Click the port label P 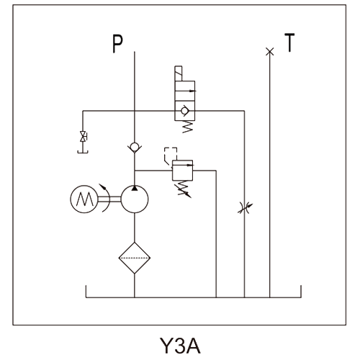tap(117, 44)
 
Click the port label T tap(289, 42)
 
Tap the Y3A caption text tap(180, 346)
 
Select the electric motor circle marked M tap(84, 199)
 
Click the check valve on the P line tap(135, 148)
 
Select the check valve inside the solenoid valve tap(185, 111)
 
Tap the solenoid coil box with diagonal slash tap(179, 73)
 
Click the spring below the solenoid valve tap(187, 127)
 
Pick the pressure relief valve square tap(182, 171)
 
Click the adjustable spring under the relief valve tap(184, 189)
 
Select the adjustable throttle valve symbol tap(245, 207)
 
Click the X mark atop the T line tap(270, 51)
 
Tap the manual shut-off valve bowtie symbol tap(84, 137)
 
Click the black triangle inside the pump tap(135, 189)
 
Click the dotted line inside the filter tap(135, 258)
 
